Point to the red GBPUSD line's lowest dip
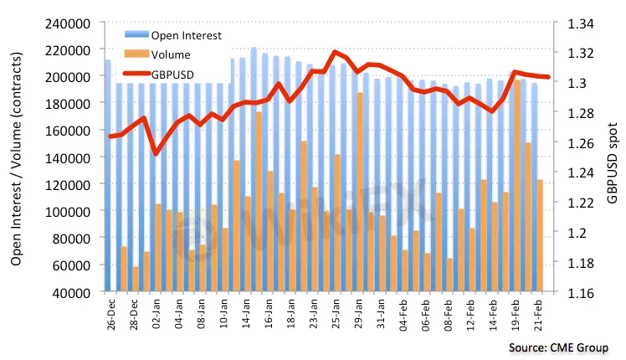[x=156, y=153]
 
